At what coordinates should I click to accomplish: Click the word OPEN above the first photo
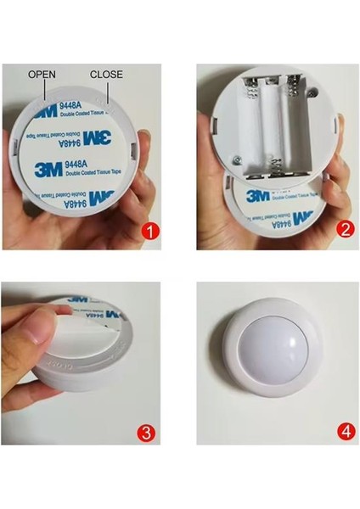[42, 75]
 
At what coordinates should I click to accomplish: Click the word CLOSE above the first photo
[106, 75]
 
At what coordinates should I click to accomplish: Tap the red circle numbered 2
[345, 231]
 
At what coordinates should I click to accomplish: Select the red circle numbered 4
[345, 433]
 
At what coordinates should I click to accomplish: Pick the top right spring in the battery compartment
[293, 85]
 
